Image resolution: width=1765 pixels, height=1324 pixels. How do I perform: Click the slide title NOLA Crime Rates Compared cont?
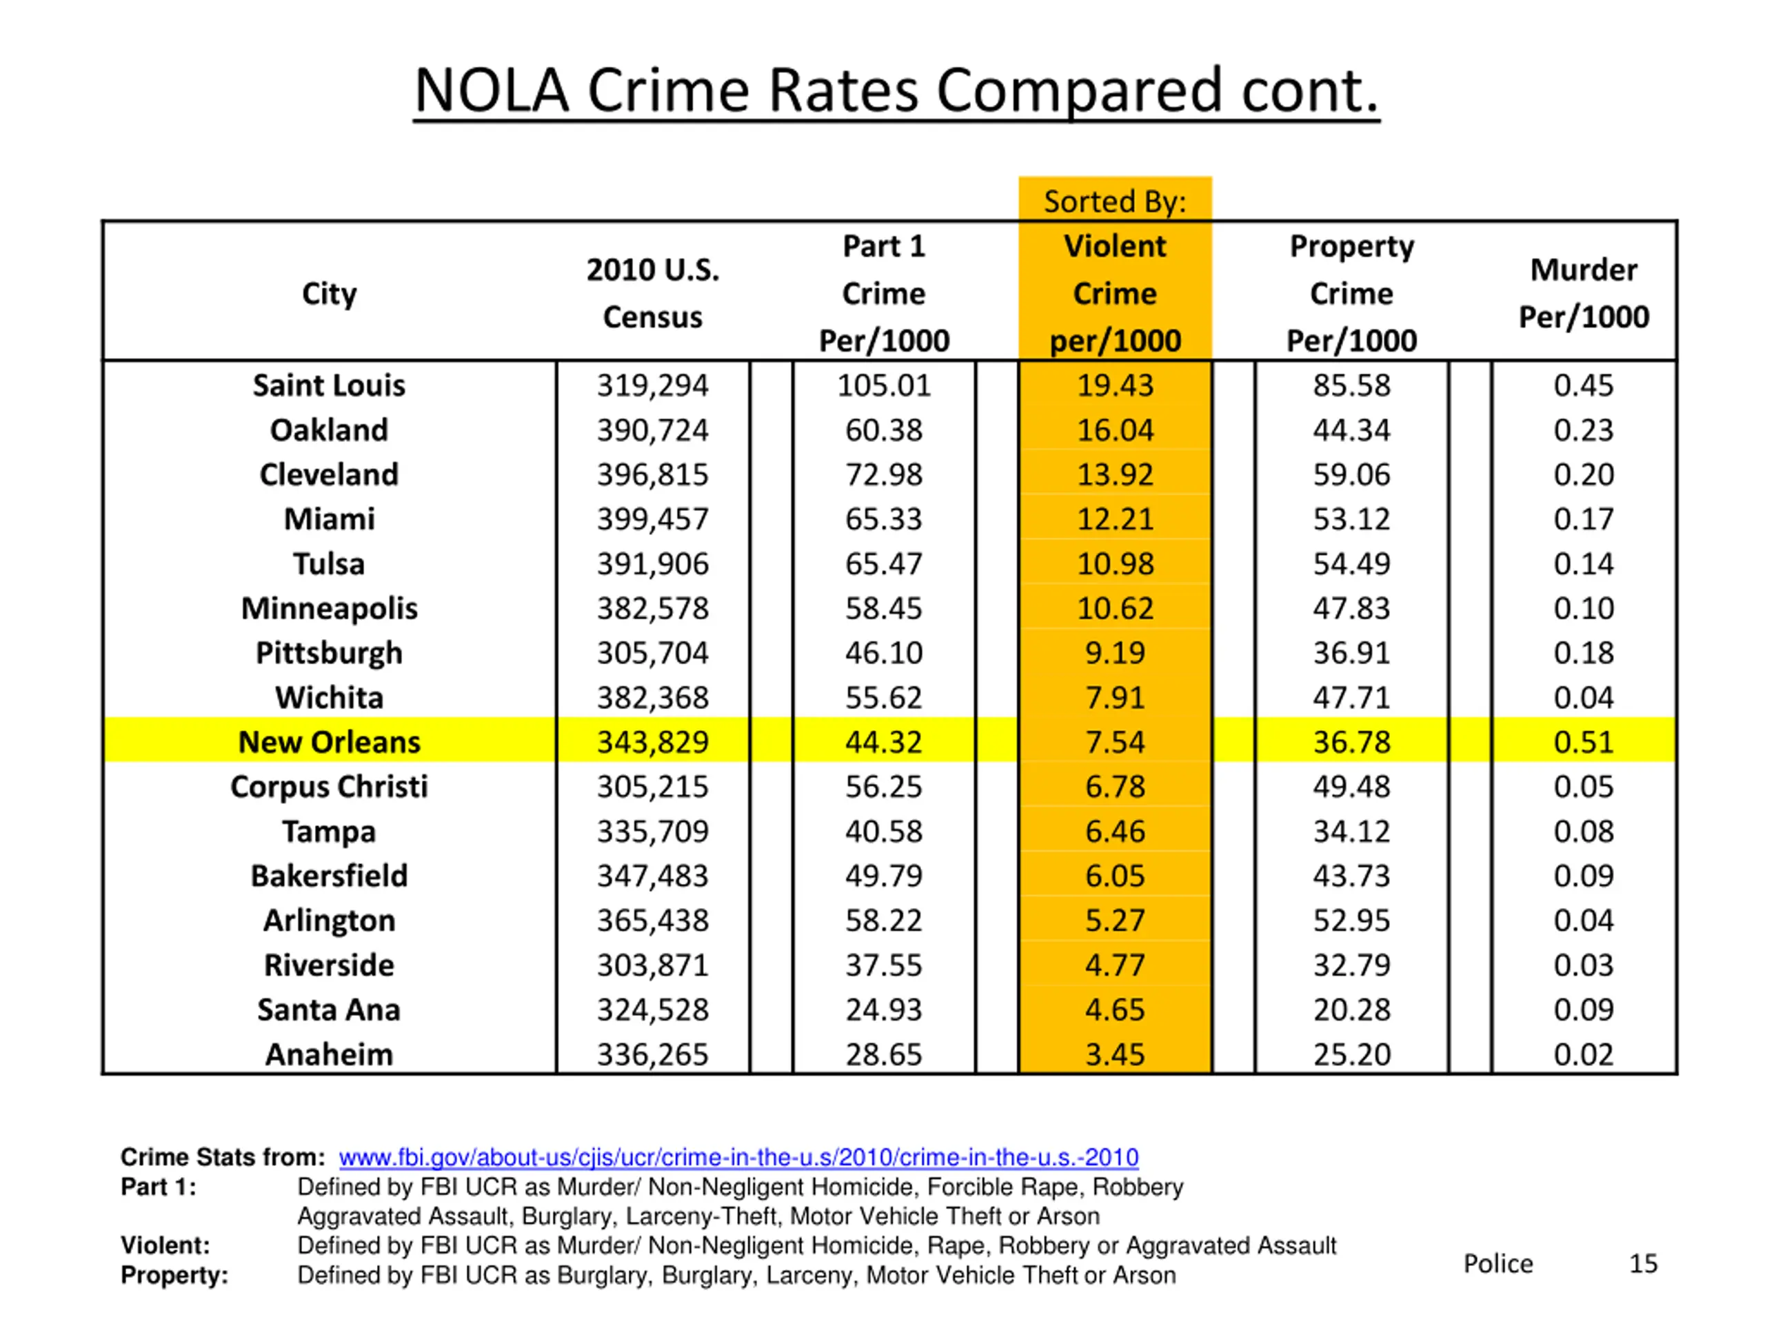point(896,90)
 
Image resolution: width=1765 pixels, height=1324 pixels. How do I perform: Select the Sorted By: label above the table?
point(1115,202)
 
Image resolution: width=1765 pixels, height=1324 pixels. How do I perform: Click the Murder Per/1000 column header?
point(1583,294)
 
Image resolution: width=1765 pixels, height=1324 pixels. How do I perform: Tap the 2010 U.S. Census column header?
point(653,294)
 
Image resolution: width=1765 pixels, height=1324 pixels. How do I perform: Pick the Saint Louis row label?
point(329,385)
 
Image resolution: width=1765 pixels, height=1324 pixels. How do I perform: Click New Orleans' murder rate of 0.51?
point(1583,742)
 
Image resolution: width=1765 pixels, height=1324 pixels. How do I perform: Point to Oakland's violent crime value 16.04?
point(1115,430)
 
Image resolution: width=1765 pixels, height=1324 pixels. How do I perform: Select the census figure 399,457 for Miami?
point(653,519)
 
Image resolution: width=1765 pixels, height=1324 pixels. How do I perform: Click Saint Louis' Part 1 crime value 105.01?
point(883,385)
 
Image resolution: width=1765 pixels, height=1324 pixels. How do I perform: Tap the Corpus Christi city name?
point(329,787)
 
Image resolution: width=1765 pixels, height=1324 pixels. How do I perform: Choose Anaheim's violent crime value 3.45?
point(1115,1054)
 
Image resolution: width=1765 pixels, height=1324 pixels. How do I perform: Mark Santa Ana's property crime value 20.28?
point(1352,1010)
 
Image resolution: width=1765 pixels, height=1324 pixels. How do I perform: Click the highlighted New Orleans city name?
point(329,742)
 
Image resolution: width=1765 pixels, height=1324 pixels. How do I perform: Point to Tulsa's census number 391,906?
point(653,564)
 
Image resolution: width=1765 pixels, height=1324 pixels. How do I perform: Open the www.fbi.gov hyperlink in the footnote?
point(738,1157)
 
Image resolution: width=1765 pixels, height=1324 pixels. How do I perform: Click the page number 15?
point(1643,1263)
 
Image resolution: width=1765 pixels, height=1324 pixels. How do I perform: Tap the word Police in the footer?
point(1497,1263)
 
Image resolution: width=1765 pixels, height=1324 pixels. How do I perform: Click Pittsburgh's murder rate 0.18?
point(1583,653)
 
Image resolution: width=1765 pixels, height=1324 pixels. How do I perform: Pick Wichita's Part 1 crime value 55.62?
point(883,698)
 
